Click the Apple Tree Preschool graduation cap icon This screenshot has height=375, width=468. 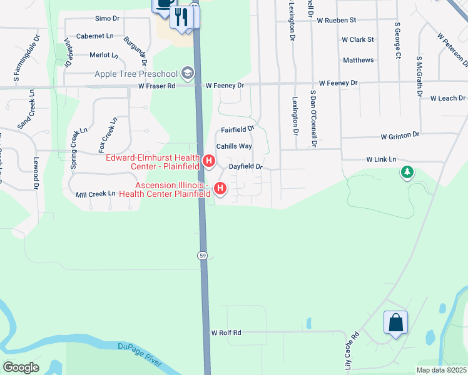click(187, 74)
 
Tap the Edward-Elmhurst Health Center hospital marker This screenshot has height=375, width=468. click(210, 162)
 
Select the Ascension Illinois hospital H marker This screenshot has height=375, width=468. click(220, 188)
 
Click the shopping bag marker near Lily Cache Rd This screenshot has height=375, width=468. click(395, 323)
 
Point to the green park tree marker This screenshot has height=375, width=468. click(407, 171)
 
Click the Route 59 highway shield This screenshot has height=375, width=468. click(203, 256)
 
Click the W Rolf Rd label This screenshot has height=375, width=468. click(226, 333)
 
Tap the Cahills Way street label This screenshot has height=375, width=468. click(234, 146)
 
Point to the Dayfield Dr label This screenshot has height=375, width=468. click(245, 167)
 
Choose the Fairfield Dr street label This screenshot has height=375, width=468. click(238, 129)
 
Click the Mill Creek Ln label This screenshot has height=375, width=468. click(95, 194)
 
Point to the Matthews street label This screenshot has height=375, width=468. click(359, 60)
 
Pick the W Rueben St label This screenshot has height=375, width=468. click(336, 20)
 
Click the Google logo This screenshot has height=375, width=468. click(21, 367)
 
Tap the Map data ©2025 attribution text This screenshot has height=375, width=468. click(441, 370)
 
